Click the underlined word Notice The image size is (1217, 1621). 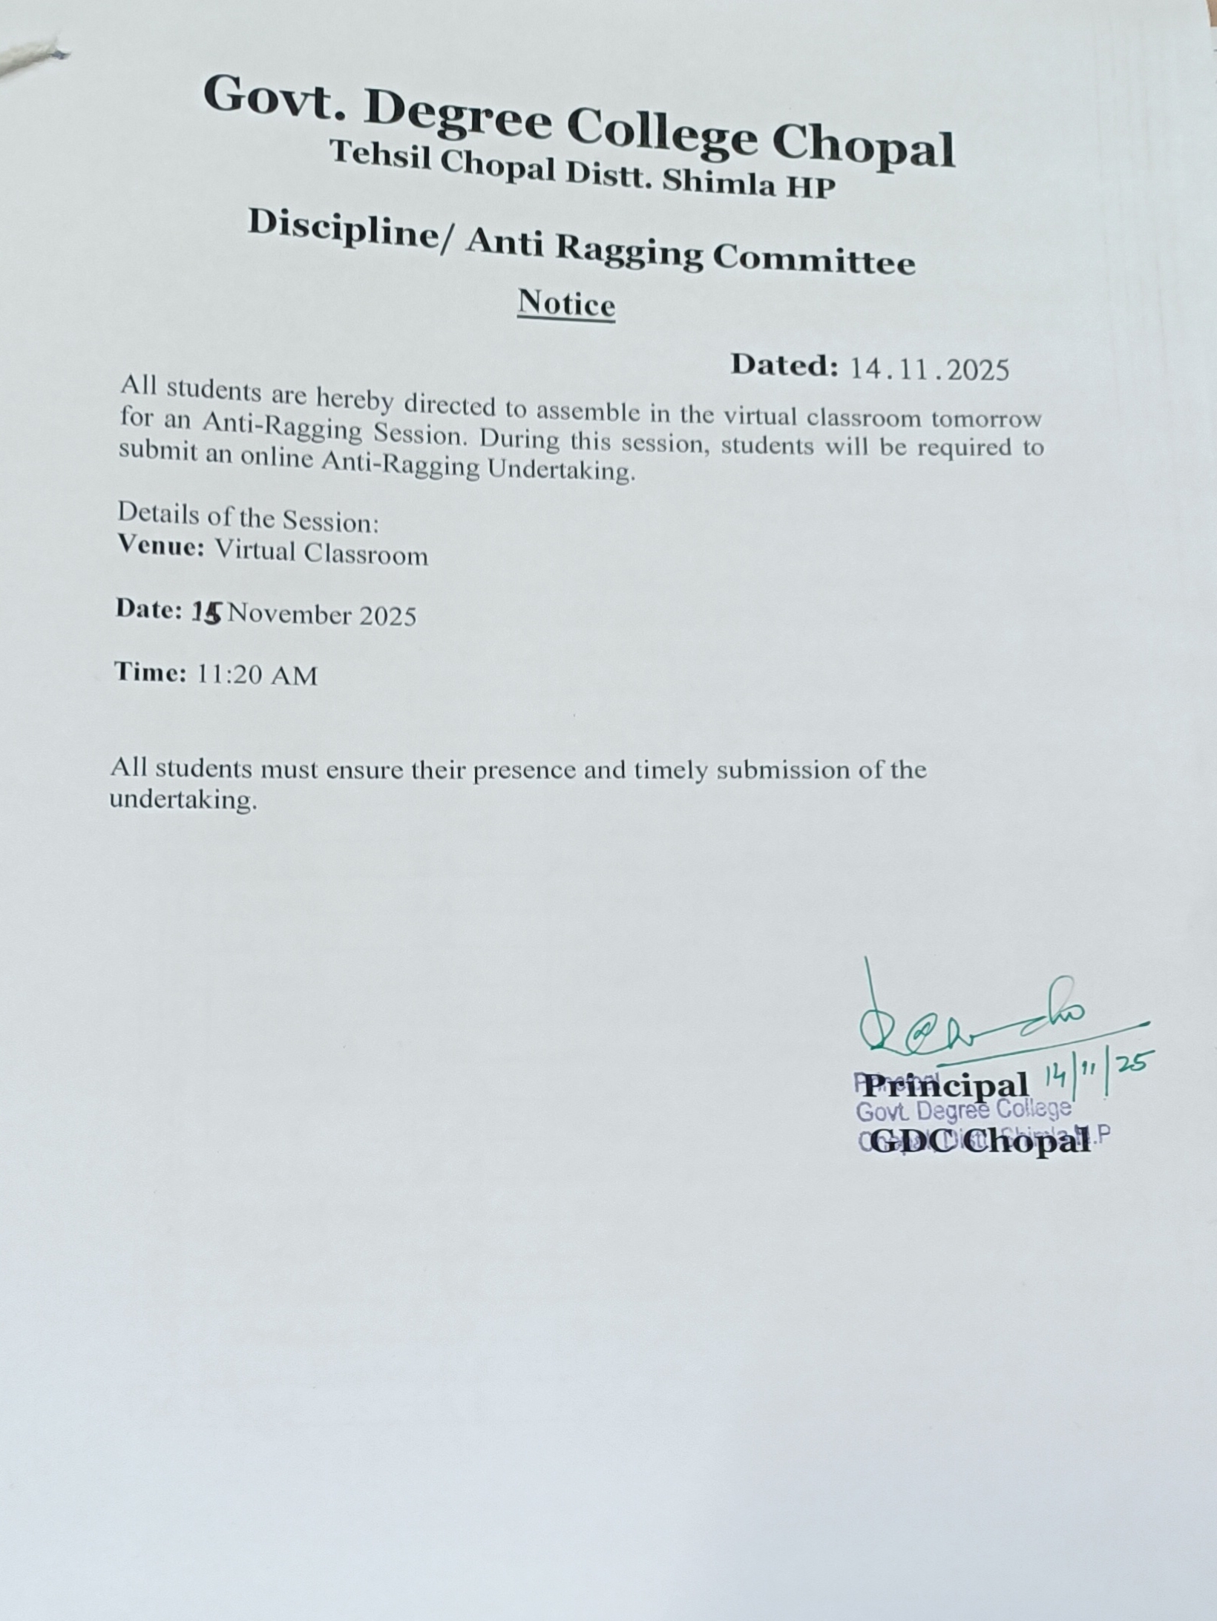pyautogui.click(x=566, y=304)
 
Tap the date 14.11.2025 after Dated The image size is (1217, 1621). pyautogui.click(x=929, y=369)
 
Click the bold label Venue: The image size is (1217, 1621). pyautogui.click(x=161, y=548)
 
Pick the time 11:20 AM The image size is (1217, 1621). pyautogui.click(x=257, y=675)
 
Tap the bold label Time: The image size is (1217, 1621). pyautogui.click(x=150, y=672)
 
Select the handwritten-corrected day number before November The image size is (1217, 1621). pyautogui.click(x=207, y=612)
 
